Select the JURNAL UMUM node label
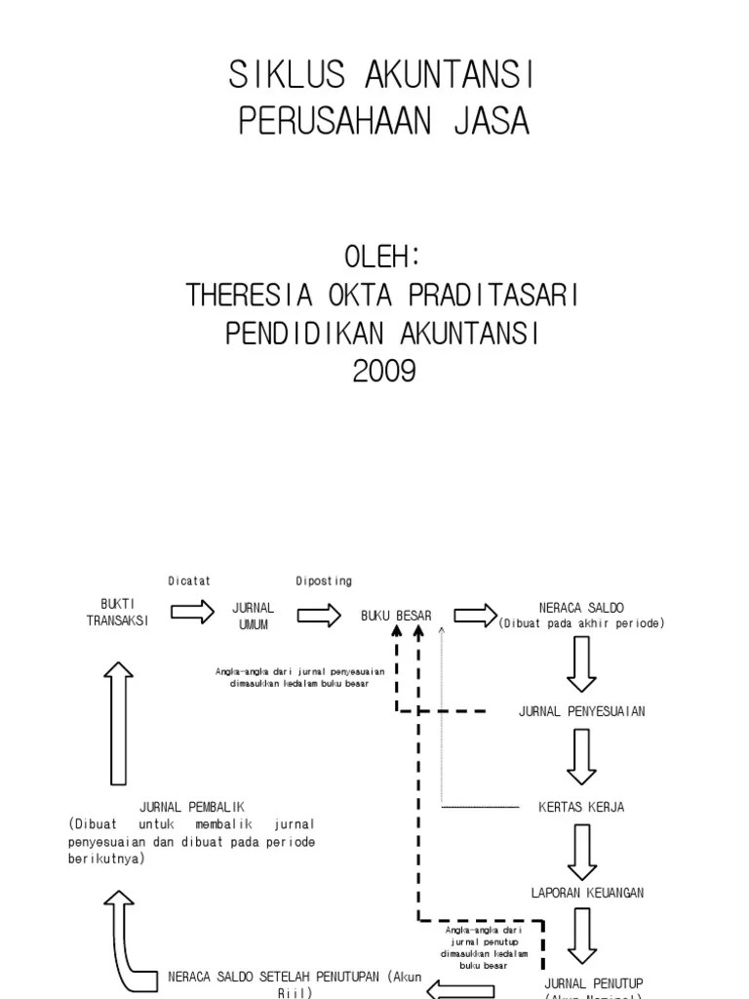253,616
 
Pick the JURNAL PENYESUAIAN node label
581,711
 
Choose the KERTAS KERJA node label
581,807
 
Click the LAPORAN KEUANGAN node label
587,893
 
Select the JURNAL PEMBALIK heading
191,807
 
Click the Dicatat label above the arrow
189,581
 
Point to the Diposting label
324,581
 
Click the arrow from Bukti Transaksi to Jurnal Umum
191,613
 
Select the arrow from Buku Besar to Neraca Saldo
475,614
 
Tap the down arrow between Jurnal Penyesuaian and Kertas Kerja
582,757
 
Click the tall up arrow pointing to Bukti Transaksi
118,722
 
